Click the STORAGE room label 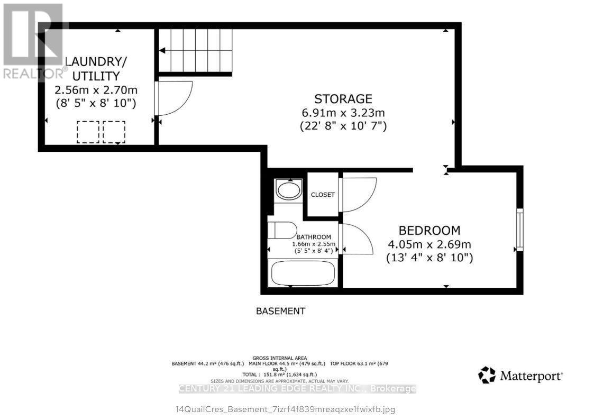[343, 99]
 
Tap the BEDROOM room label [429, 231]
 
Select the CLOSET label [323, 195]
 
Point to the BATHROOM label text [314, 237]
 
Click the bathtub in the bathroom [303, 273]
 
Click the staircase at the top [196, 51]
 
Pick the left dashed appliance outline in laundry [88, 132]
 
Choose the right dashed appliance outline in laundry [114, 132]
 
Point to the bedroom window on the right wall [519, 230]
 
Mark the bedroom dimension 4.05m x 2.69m [429, 244]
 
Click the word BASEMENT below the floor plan [280, 311]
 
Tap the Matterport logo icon [487, 375]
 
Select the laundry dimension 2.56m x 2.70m [96, 89]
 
